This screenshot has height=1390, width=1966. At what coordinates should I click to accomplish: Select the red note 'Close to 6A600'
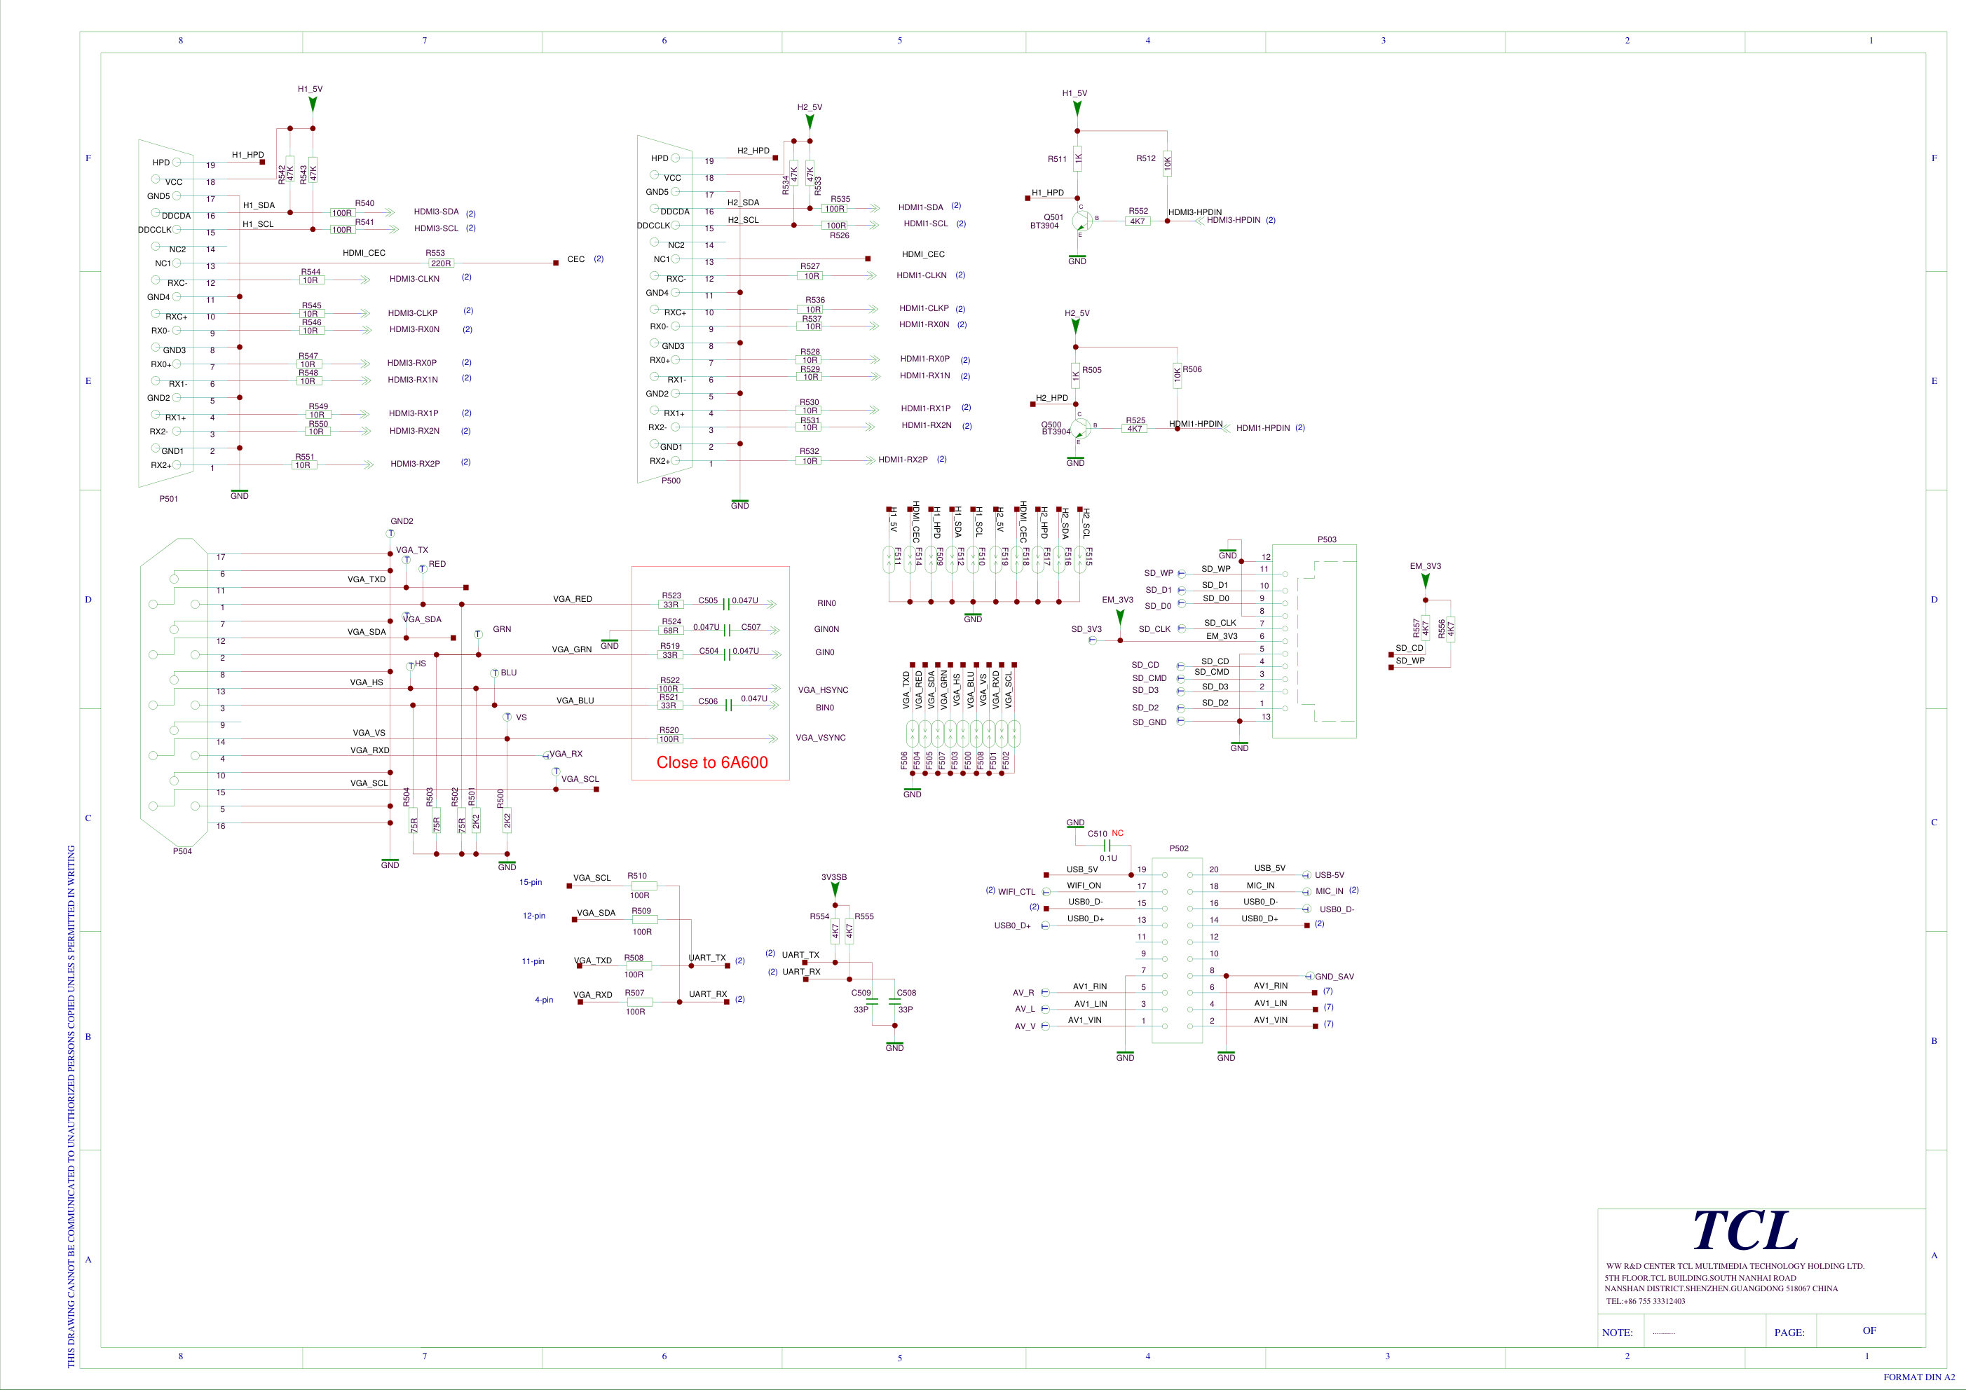[x=711, y=763]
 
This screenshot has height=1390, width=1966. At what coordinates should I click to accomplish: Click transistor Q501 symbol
[x=1081, y=221]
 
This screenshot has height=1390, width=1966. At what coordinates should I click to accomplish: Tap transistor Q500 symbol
[x=1080, y=427]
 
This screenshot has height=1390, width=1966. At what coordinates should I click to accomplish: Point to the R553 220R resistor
[x=440, y=263]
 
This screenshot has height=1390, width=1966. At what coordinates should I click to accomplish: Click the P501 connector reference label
[x=169, y=499]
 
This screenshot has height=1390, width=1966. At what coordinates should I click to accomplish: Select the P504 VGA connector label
[x=182, y=852]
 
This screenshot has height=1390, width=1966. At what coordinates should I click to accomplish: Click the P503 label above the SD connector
[x=1326, y=539]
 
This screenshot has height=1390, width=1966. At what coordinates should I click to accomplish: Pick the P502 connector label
[x=1179, y=848]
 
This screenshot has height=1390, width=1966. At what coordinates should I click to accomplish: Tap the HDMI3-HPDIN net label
[x=1233, y=220]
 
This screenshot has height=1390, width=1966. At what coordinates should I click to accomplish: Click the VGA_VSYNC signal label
[x=820, y=738]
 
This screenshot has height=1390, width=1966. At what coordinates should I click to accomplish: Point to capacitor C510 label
[x=1097, y=834]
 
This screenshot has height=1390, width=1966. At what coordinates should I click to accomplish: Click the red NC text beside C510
[x=1117, y=833]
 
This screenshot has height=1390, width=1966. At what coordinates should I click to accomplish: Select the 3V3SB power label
[x=834, y=877]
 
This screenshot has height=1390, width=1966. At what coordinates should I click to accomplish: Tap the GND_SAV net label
[x=1334, y=977]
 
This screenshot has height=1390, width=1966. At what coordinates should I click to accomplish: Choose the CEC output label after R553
[x=576, y=259]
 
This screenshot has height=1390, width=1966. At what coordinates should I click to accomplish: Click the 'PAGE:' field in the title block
[x=1789, y=1333]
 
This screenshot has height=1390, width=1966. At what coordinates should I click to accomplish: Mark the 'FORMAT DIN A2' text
[x=1919, y=1377]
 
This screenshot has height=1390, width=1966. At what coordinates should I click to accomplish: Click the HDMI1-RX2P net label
[x=903, y=460]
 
